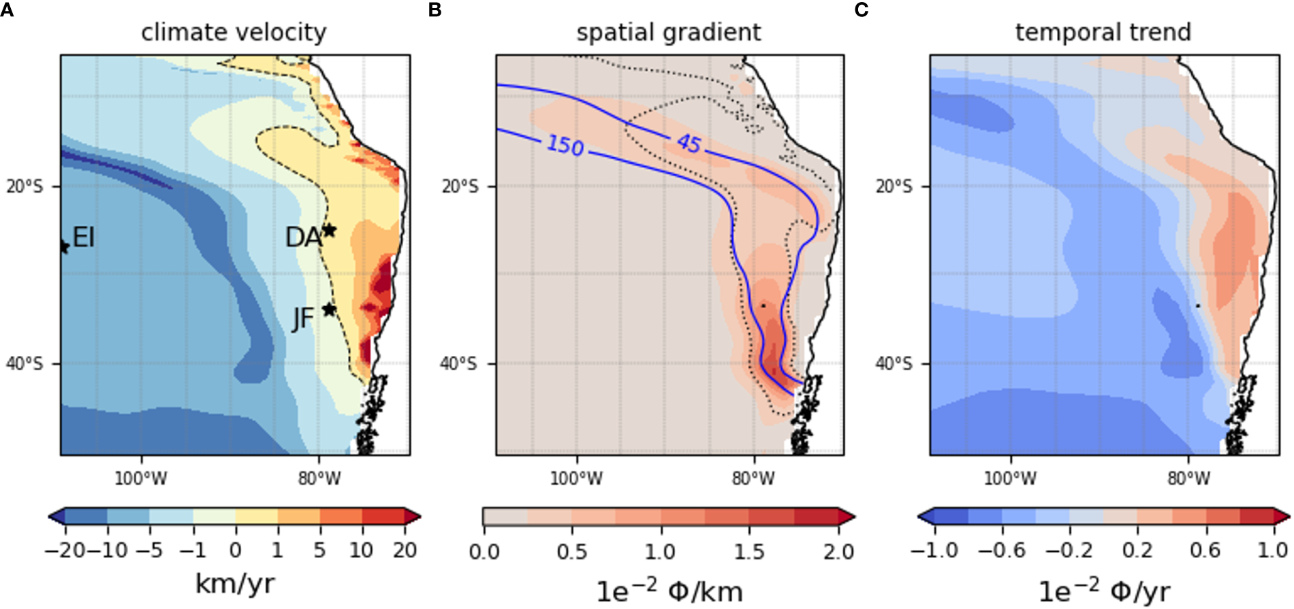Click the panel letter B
[x=435, y=10]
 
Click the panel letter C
[x=862, y=10]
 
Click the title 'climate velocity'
[x=234, y=32]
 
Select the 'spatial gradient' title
[x=668, y=32]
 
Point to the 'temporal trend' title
[x=1103, y=32]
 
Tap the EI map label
[x=83, y=237]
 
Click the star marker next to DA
[x=329, y=230]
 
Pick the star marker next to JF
[x=329, y=310]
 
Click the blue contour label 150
[x=565, y=145]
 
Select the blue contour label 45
[x=688, y=143]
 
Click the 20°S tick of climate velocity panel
[x=25, y=186]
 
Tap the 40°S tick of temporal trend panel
[x=894, y=364]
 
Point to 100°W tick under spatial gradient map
[x=576, y=479]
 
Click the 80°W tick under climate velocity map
[x=319, y=479]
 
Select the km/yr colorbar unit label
[x=234, y=584]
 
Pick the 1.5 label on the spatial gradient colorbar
[x=749, y=551]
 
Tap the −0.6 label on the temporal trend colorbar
[x=1001, y=550]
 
